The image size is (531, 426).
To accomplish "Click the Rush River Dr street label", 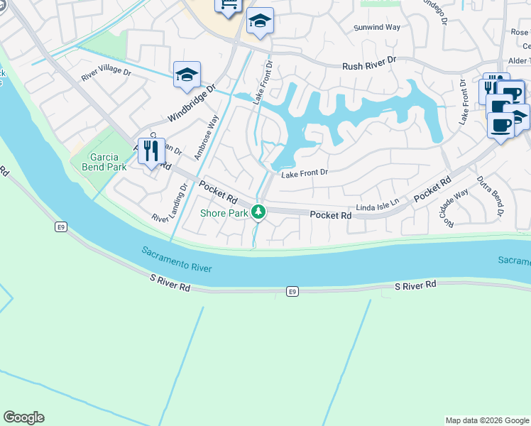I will [x=369, y=62].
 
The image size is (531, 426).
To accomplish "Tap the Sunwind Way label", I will [x=378, y=28].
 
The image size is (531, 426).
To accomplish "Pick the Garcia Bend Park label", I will [x=98, y=162].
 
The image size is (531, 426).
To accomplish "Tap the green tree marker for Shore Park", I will [x=260, y=212].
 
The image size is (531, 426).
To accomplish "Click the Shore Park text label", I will [x=224, y=213].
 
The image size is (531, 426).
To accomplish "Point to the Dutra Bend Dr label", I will [x=490, y=196].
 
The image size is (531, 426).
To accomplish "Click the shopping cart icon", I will [x=229, y=6].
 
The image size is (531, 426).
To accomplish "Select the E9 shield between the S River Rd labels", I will [x=292, y=291].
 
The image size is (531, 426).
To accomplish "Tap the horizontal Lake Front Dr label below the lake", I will [x=305, y=173].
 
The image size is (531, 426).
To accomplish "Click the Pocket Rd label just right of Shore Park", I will [x=331, y=214].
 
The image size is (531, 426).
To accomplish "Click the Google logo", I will [x=23, y=417].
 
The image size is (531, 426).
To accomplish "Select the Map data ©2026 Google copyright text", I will [x=486, y=420].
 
